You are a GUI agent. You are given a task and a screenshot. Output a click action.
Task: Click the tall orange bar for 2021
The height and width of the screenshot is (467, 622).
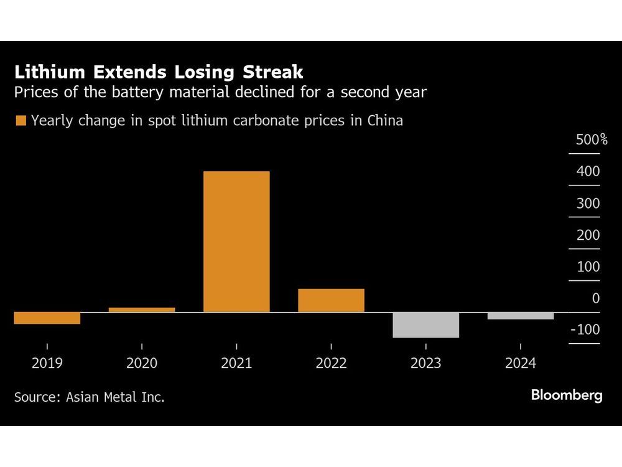pyautogui.click(x=236, y=242)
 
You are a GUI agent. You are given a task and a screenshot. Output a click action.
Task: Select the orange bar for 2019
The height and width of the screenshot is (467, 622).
pyautogui.click(x=47, y=318)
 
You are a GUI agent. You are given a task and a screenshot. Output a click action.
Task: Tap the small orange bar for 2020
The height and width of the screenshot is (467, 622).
pyautogui.click(x=142, y=309)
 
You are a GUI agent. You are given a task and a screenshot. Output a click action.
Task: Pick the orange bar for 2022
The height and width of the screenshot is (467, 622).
pyautogui.click(x=331, y=300)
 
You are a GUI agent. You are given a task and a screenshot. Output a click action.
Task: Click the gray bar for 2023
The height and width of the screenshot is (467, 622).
pyautogui.click(x=425, y=325)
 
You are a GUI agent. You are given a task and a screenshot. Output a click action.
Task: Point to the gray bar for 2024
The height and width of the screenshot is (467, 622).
pyautogui.click(x=520, y=316)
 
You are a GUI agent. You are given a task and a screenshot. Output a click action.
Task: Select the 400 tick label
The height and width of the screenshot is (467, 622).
pyautogui.click(x=588, y=171)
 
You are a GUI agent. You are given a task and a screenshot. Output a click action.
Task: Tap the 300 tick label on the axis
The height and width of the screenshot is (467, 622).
pyautogui.click(x=588, y=203)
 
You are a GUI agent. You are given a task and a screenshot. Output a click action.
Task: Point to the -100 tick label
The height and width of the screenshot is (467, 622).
pyautogui.click(x=586, y=329)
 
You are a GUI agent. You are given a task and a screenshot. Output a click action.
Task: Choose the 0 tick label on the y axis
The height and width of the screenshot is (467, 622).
pyautogui.click(x=596, y=298)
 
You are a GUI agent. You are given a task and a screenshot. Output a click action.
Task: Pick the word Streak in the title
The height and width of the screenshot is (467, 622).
pyautogui.click(x=269, y=72)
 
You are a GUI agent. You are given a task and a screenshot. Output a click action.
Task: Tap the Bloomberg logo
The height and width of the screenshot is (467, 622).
pyautogui.click(x=567, y=395)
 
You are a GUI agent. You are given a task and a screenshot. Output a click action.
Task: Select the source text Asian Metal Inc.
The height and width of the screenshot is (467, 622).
pyautogui.click(x=115, y=397)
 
